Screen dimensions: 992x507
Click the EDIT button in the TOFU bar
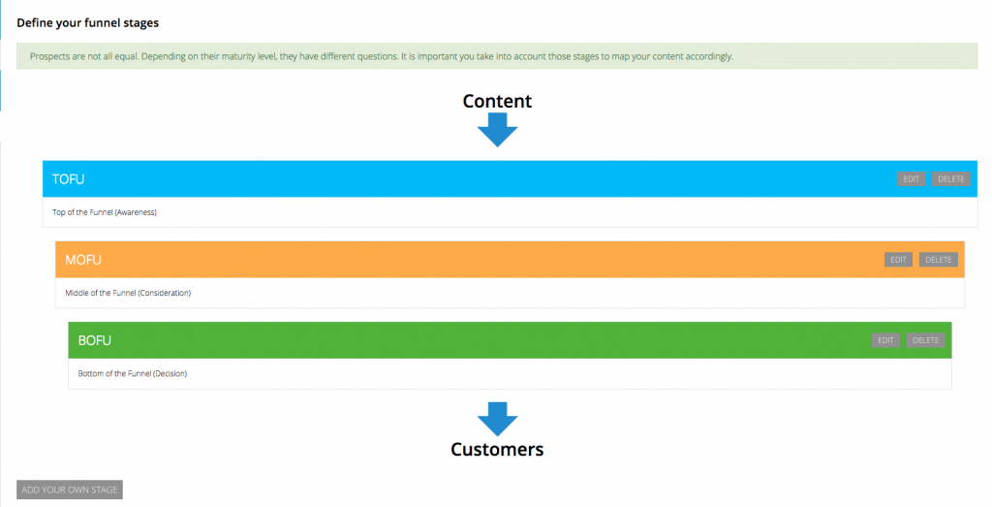pos(911,179)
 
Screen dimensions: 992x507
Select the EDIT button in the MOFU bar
pos(898,260)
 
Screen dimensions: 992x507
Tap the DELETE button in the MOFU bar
pos(938,260)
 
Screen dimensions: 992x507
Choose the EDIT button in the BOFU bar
pos(885,340)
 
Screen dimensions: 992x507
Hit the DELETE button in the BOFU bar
pos(925,340)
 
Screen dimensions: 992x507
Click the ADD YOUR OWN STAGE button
pos(70,490)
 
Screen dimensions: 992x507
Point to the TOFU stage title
pos(69,179)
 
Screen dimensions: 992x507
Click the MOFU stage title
pos(83,260)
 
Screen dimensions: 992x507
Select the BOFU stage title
pos(94,340)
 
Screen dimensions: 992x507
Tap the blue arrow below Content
pos(497,130)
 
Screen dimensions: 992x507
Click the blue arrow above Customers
pos(497,419)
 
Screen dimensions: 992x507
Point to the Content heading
pos(497,101)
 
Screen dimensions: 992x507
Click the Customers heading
pos(497,450)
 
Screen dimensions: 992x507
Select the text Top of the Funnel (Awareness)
pos(105,212)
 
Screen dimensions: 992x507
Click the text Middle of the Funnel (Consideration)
pos(128,293)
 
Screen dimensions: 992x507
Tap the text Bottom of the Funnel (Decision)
pos(132,373)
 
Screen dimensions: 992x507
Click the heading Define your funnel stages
pos(88,23)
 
